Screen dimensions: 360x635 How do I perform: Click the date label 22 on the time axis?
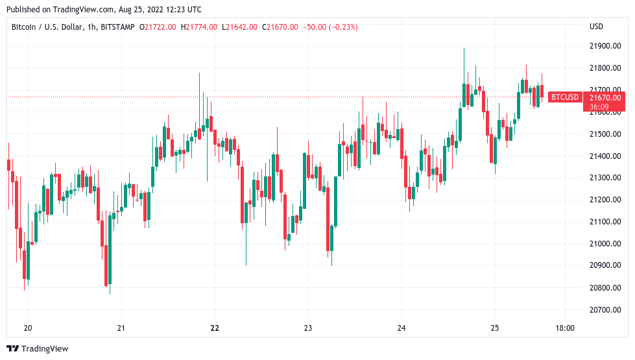[x=215, y=328]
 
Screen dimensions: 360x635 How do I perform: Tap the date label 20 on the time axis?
[x=27, y=328]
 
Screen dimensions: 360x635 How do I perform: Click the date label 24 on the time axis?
[x=401, y=328]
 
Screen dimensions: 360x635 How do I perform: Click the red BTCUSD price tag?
[x=564, y=97]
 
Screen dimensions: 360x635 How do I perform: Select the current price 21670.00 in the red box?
[x=605, y=97]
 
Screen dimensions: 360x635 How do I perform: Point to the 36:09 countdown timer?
[x=599, y=106]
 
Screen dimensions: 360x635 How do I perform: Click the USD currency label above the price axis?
[x=596, y=27]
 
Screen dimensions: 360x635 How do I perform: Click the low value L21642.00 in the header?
[x=239, y=27]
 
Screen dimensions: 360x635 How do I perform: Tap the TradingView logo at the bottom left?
[x=38, y=348]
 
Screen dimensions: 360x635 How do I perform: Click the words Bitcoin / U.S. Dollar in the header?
[x=45, y=27]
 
